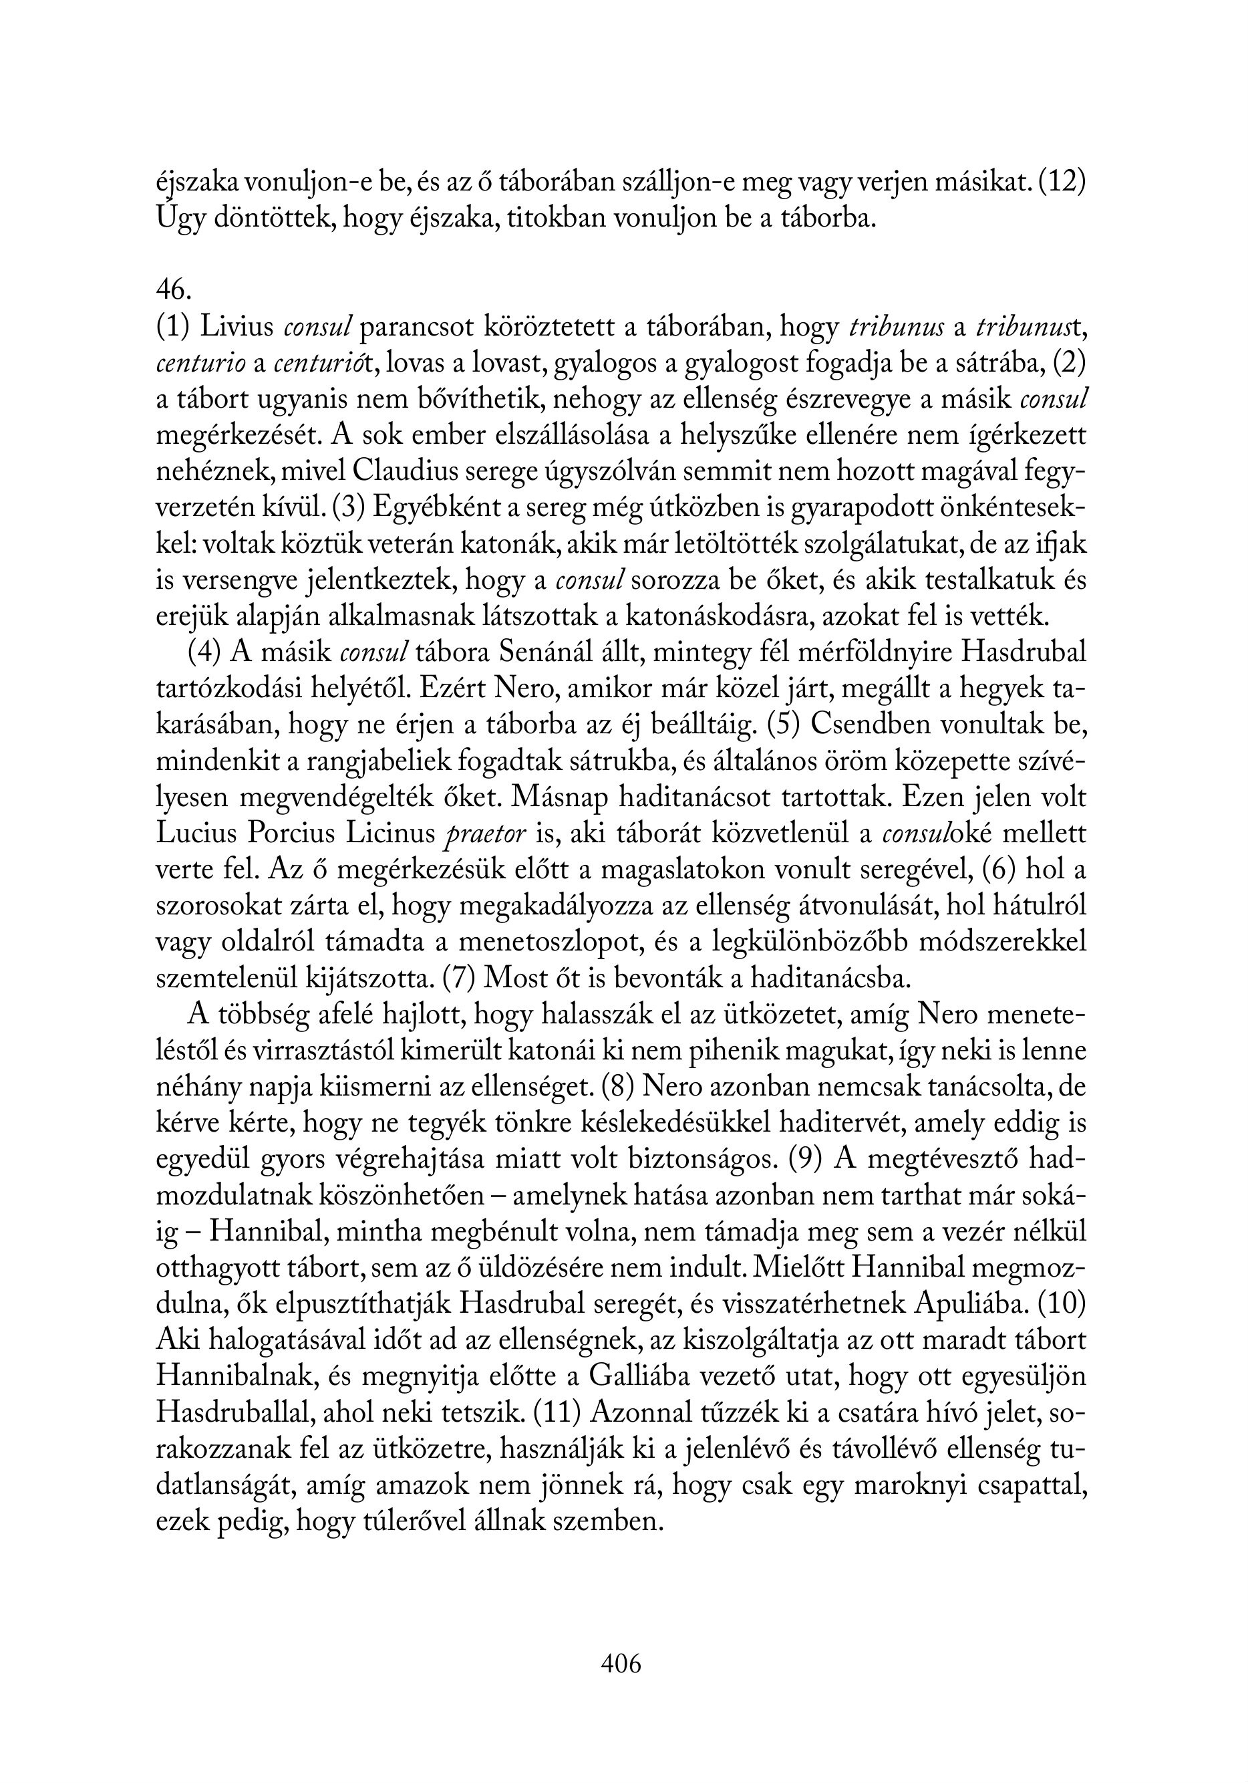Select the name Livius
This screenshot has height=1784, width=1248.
point(237,327)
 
